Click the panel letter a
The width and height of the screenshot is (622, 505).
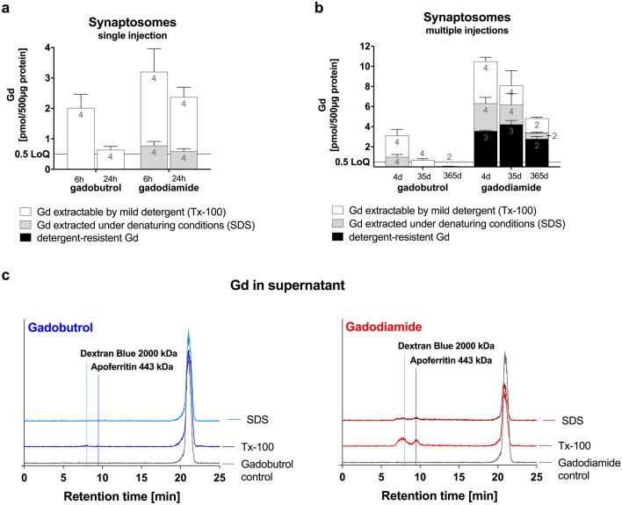click(9, 8)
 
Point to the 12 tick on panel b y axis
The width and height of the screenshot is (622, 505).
click(365, 44)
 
